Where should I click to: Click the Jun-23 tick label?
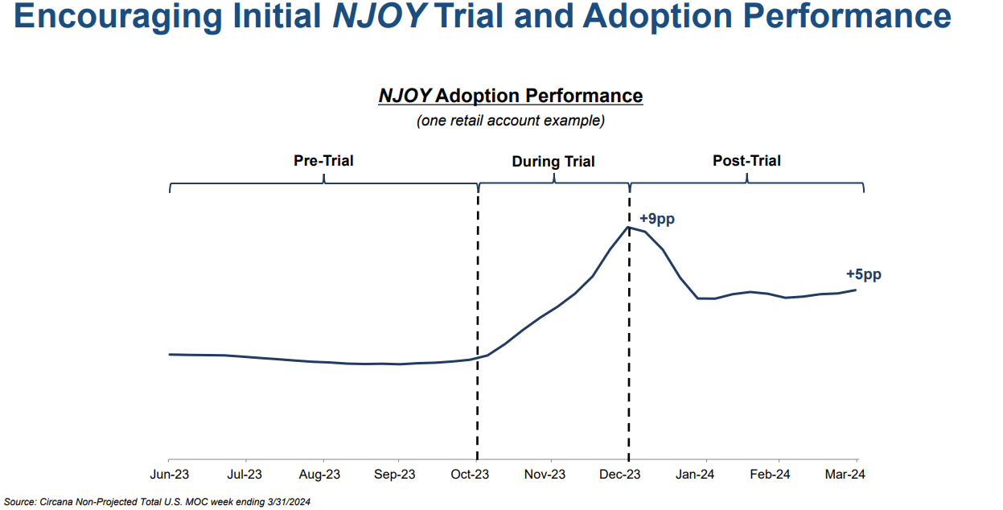pos(170,475)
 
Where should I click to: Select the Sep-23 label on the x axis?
pos(396,475)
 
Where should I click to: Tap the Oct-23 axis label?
pos(471,475)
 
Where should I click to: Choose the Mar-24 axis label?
pos(845,475)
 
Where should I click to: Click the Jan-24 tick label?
pos(695,475)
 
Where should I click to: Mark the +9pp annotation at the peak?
pos(656,219)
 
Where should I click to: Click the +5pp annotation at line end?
pos(863,274)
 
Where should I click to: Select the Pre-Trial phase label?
pos(323,161)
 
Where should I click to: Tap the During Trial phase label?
pos(553,162)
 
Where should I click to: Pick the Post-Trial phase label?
pos(746,161)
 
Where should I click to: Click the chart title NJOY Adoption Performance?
pos(511,97)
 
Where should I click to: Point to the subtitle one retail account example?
pos(511,121)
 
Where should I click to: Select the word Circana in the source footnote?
pos(57,502)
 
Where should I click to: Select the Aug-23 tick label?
pos(320,475)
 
